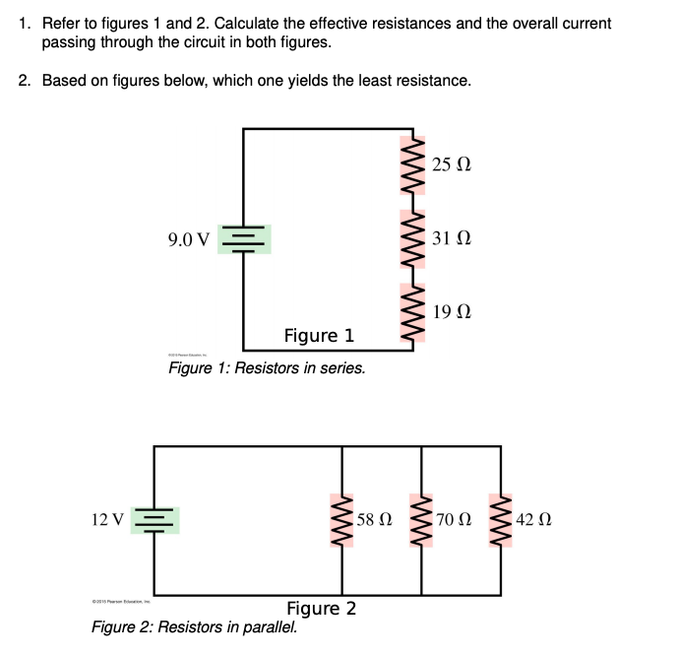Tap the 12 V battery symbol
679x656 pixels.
point(154,519)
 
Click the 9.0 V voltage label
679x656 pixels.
point(189,239)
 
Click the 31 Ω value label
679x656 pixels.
point(452,237)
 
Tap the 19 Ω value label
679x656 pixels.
point(452,312)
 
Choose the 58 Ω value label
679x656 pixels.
point(375,518)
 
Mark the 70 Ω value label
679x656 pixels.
point(455,518)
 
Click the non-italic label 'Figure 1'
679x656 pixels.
point(319,337)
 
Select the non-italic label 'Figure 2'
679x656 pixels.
point(321,608)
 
